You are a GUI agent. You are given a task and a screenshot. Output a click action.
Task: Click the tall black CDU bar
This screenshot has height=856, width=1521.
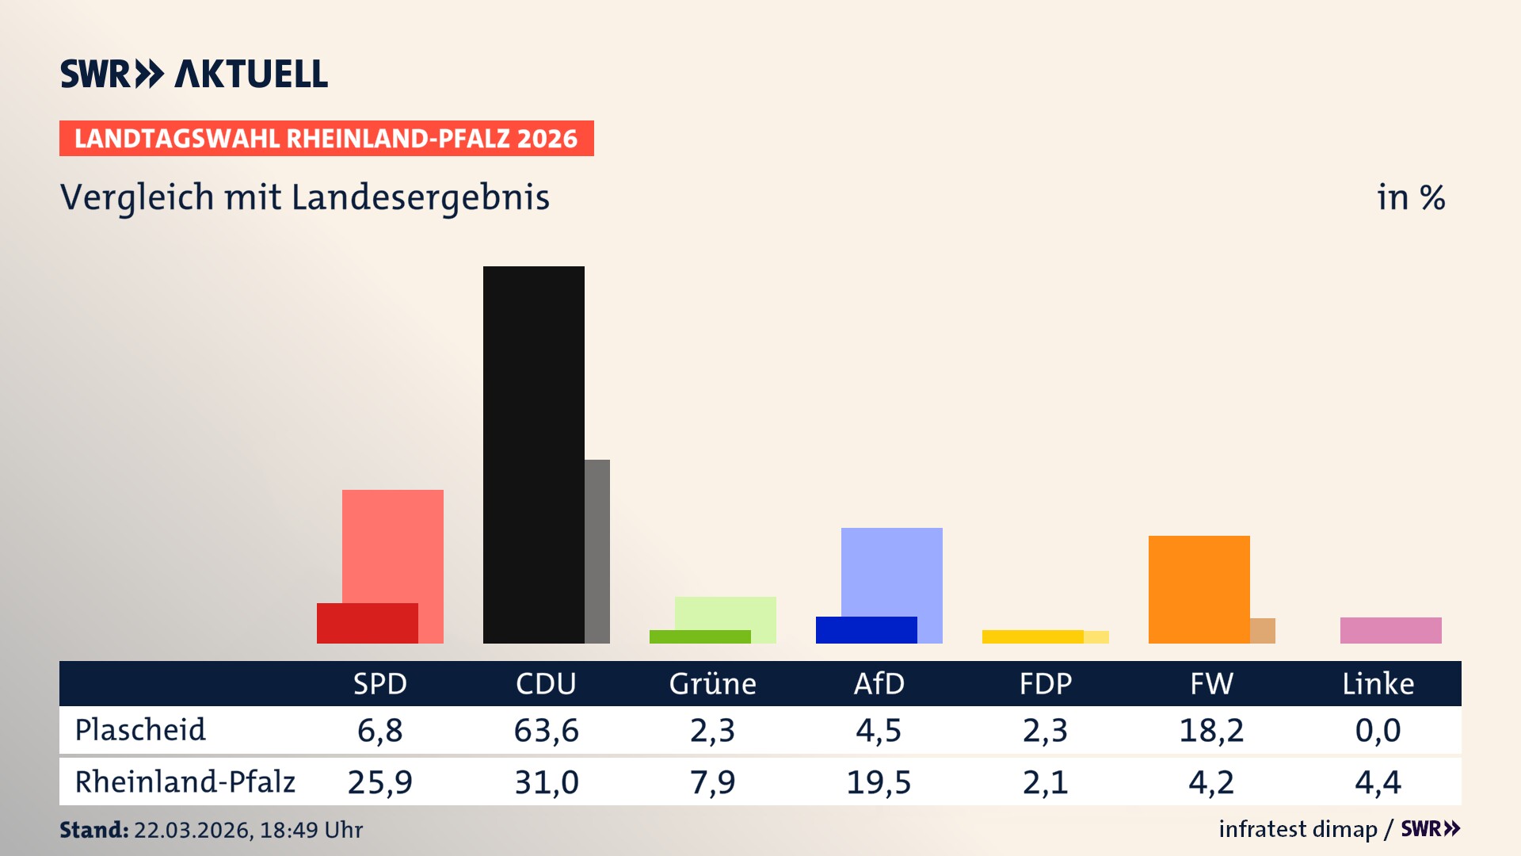coord(533,454)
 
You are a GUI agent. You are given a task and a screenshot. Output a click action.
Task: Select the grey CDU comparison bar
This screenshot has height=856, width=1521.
coord(597,551)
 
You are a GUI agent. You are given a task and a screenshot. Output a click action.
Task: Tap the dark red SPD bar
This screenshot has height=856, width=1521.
coord(367,624)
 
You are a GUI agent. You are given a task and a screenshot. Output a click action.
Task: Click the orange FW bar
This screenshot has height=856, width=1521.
coord(1199,589)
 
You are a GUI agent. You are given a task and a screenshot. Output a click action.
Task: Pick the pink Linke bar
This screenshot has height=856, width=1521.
coord(1390,630)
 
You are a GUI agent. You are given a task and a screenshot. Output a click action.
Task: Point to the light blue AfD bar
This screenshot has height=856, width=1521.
coord(891,571)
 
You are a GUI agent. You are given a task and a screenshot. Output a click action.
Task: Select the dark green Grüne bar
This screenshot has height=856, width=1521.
coord(700,636)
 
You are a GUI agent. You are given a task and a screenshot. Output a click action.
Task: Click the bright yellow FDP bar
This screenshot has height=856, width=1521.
coord(1032,636)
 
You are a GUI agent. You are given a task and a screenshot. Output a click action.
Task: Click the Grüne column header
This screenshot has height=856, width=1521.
coord(712,683)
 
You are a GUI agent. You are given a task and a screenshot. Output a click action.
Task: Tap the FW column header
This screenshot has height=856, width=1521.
coord(1211,683)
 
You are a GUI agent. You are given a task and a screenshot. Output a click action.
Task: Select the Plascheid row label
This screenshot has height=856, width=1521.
coord(140,730)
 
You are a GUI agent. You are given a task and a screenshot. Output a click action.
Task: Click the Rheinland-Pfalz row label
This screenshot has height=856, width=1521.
coord(185,781)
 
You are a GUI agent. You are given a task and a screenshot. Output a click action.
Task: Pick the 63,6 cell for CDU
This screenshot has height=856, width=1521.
coord(546,730)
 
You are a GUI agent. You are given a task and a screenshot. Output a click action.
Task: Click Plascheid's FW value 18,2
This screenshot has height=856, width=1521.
coord(1211,730)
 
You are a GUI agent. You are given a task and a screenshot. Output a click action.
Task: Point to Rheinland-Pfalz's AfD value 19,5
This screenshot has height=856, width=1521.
coord(879,782)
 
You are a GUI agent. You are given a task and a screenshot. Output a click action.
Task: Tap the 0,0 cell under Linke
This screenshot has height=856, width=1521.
coord(1378,730)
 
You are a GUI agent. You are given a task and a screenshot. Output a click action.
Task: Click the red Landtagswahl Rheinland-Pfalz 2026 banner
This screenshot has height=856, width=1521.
coord(326,139)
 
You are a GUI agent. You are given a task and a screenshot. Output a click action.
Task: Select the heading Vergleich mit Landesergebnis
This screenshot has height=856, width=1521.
coord(305,197)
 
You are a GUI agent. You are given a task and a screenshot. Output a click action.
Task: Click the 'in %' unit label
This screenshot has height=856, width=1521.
coord(1410,197)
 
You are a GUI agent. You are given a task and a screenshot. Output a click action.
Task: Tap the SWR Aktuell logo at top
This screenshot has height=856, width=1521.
coord(194,74)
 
